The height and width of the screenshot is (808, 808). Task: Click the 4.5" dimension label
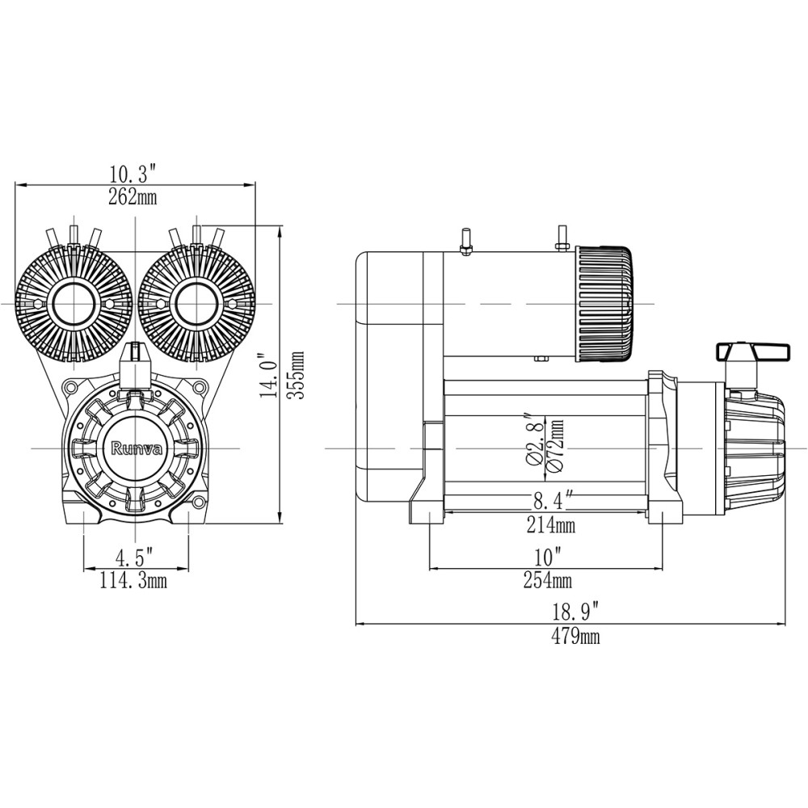click(x=134, y=558)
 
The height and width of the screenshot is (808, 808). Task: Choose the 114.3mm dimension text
click(x=134, y=580)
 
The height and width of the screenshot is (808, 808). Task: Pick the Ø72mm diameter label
click(x=556, y=443)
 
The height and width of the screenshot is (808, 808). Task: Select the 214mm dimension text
click(x=553, y=526)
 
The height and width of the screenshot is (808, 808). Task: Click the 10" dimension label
click(x=547, y=558)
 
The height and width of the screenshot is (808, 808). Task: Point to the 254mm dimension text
click(x=547, y=580)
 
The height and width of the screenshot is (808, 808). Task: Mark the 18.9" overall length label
click(x=575, y=611)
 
